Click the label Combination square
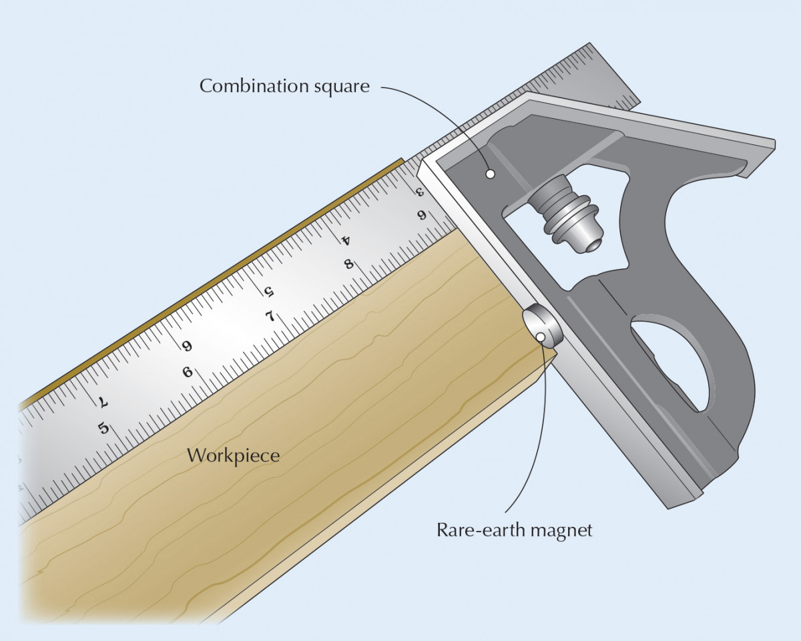284,86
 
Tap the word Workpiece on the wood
233,456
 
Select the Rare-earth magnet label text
515,531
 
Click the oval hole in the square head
671,361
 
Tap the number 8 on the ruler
348,263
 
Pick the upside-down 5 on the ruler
269,291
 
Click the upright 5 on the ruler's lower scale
103,427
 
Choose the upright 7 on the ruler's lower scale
270,315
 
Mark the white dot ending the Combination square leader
491,174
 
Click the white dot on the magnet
539,337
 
